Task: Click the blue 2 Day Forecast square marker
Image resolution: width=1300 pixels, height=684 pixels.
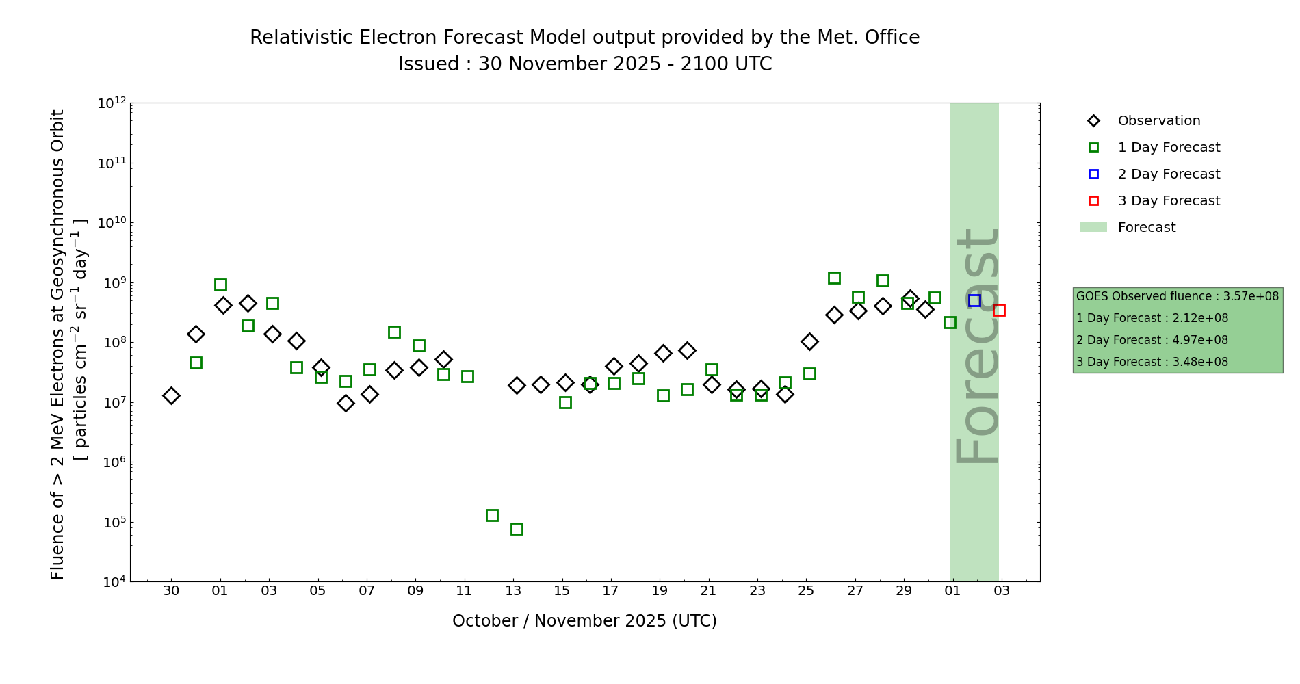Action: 974,300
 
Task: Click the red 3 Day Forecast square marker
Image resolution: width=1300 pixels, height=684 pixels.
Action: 999,310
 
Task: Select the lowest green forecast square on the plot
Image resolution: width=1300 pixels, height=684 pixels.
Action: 517,529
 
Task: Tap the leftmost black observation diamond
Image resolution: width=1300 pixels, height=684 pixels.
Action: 171,395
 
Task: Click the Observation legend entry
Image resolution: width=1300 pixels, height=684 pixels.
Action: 1158,121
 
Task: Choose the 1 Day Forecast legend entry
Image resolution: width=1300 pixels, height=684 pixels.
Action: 1168,148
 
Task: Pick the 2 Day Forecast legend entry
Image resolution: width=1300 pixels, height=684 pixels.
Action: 1168,174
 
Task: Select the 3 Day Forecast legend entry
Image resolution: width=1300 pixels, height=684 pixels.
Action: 1168,201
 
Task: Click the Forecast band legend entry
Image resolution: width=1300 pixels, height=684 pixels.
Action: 1146,228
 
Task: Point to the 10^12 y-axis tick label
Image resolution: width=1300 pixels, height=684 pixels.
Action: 112,103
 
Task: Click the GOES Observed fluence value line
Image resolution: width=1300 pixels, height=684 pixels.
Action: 1177,296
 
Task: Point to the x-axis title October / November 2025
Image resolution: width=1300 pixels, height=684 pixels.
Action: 584,621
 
